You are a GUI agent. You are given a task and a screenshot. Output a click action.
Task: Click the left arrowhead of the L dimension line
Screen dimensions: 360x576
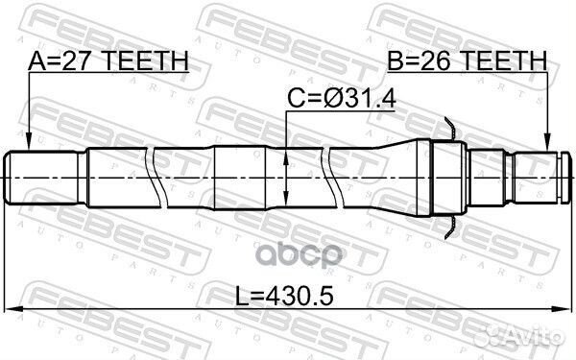12,309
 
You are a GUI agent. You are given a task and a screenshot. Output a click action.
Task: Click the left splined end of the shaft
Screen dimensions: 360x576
43,175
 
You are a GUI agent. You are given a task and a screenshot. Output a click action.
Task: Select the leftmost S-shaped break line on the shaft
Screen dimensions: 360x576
154,175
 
